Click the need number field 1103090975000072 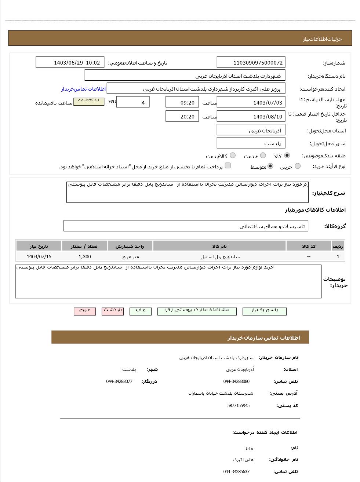pyautogui.click(x=251, y=62)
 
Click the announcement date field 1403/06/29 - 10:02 pyautogui.click(x=70, y=62)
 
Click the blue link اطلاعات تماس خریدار pyautogui.click(x=84, y=89)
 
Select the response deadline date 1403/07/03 pyautogui.click(x=251, y=102)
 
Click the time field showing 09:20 pyautogui.click(x=182, y=102)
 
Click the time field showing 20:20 pyautogui.click(x=182, y=116)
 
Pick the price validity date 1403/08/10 pyautogui.click(x=251, y=116)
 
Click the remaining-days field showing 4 pyautogui.click(x=132, y=102)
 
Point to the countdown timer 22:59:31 pyautogui.click(x=89, y=100)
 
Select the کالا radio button pyautogui.click(x=287, y=156)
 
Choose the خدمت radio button pyautogui.click(x=263, y=156)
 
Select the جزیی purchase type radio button pyautogui.click(x=298, y=166)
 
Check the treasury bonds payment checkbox pyautogui.click(x=228, y=166)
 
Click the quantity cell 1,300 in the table pyautogui.click(x=85, y=257)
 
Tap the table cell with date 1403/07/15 pyautogui.click(x=39, y=257)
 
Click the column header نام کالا pyautogui.click(x=219, y=246)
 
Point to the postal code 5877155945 pyautogui.click(x=239, y=406)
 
